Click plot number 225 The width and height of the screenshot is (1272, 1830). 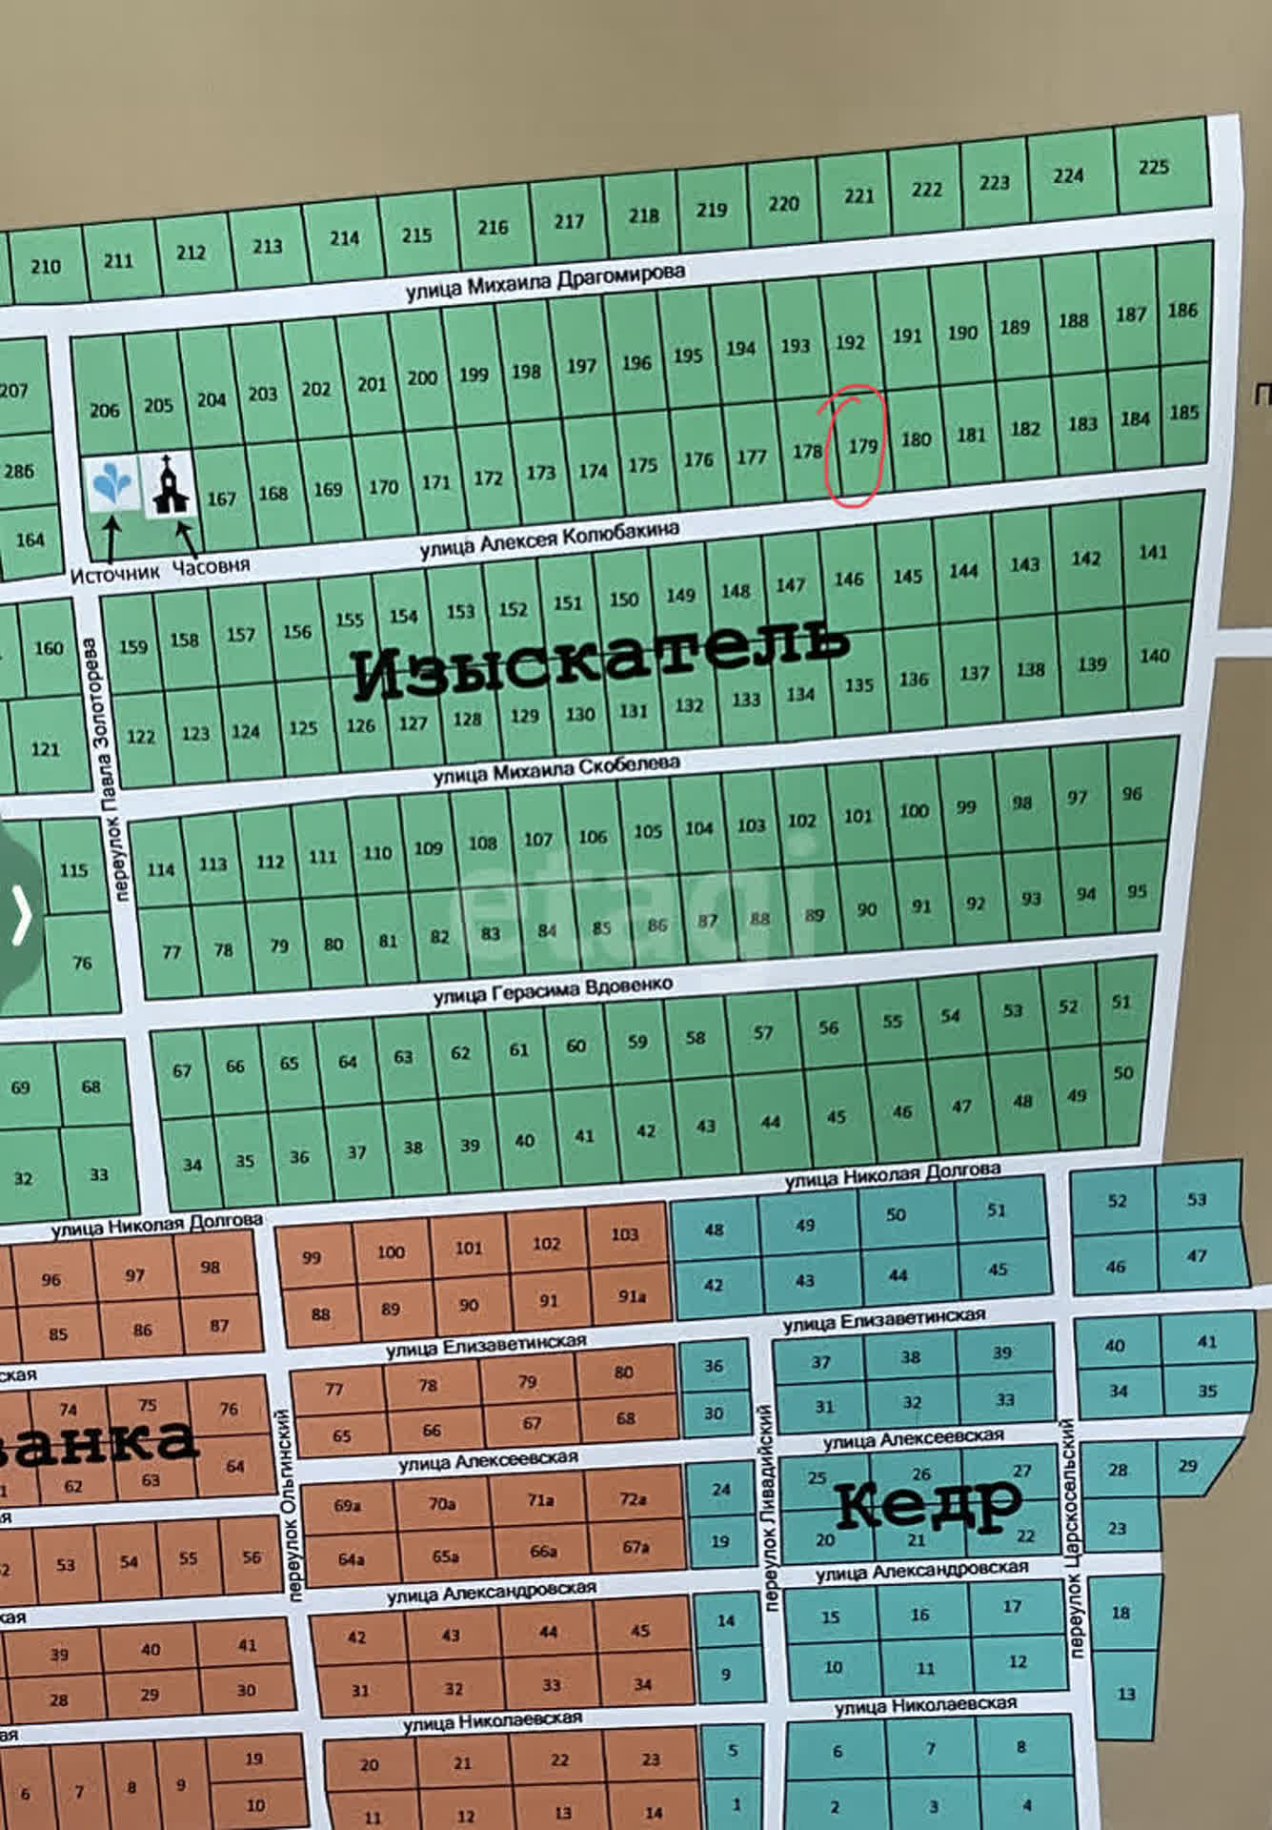click(x=1153, y=167)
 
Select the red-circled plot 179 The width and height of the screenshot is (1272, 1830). click(x=862, y=445)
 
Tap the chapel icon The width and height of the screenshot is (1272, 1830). click(x=170, y=486)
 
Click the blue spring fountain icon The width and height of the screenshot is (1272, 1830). click(x=111, y=484)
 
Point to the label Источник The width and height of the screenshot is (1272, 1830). click(x=114, y=574)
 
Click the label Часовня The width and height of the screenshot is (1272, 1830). click(x=211, y=566)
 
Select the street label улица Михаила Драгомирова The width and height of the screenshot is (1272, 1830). click(x=545, y=281)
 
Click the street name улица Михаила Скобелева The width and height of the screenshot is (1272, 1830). click(x=556, y=769)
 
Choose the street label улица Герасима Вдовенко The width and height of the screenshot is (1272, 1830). click(x=553, y=989)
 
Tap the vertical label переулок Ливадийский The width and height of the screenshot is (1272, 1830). click(x=769, y=1506)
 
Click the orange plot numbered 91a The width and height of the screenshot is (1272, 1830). click(x=632, y=1296)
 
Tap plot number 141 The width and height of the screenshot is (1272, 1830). click(x=1152, y=552)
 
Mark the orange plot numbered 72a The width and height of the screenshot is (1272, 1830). click(x=634, y=1499)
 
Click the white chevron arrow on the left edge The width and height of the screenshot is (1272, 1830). click(x=21, y=914)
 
